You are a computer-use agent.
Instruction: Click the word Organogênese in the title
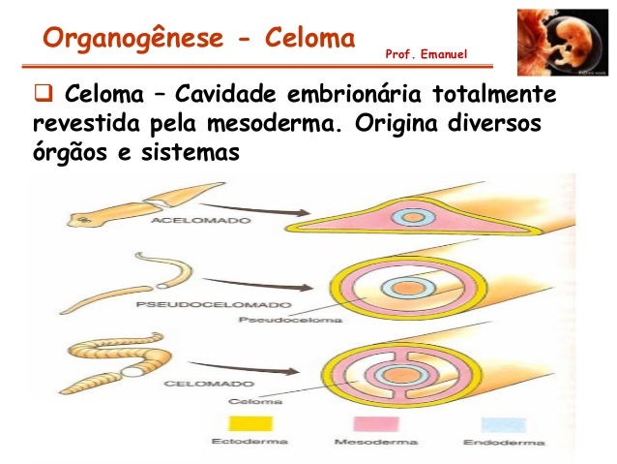123,39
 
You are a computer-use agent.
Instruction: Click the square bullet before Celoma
42,97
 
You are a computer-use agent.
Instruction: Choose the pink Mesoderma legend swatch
373,423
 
